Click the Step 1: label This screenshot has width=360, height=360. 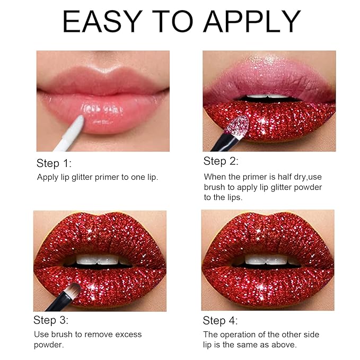(x=54, y=163)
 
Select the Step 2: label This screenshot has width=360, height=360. (x=221, y=161)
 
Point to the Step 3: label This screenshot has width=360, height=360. (x=51, y=320)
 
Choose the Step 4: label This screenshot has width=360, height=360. (x=221, y=321)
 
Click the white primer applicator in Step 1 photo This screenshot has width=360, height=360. (x=72, y=132)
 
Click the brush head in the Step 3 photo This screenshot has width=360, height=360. (x=74, y=289)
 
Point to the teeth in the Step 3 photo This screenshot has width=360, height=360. (x=99, y=260)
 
